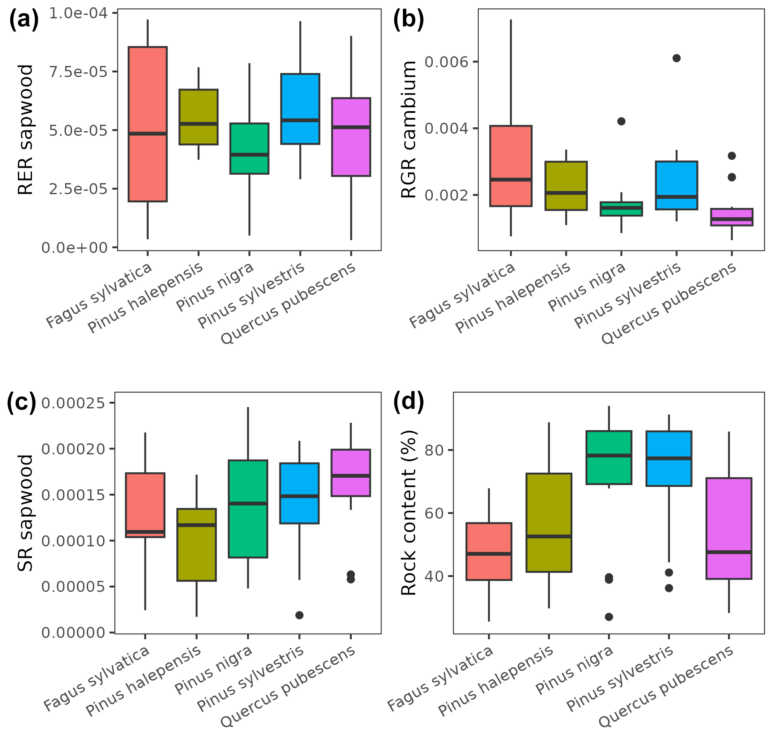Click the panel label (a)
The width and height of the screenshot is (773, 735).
(23, 20)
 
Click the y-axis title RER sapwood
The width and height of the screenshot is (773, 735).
(26, 130)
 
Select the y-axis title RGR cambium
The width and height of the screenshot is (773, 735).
(409, 129)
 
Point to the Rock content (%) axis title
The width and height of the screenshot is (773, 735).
(409, 513)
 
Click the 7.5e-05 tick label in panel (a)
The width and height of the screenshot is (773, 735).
(78, 72)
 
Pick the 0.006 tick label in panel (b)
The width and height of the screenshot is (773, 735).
(447, 62)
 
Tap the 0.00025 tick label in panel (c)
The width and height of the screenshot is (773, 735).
(73, 403)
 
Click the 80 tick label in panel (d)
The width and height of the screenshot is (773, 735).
(434, 450)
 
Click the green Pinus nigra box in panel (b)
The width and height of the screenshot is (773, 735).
(621, 209)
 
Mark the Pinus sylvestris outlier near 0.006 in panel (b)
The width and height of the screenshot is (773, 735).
(676, 58)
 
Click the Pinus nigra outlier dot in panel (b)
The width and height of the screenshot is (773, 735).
(621, 121)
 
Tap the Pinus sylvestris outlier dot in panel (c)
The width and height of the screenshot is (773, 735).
(299, 615)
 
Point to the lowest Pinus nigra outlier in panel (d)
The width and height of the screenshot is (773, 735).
(609, 617)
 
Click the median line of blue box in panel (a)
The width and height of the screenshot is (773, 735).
(300, 120)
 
